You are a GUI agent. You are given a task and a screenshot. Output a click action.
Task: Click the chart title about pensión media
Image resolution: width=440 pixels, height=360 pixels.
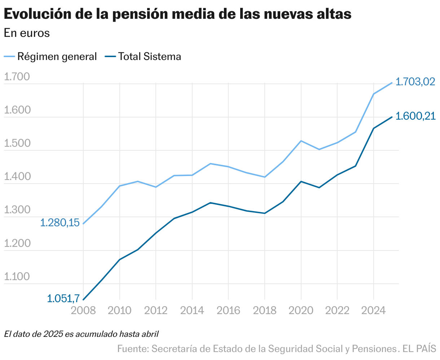point(177,14)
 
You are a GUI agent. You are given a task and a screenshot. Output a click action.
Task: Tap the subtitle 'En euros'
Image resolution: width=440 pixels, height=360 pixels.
point(27,33)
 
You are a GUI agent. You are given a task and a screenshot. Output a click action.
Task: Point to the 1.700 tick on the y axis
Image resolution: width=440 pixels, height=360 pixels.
point(16,77)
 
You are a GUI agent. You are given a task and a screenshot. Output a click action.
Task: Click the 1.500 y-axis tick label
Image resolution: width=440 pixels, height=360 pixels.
point(16,143)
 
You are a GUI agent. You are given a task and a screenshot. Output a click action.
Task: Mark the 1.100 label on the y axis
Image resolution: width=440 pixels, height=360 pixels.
point(16,277)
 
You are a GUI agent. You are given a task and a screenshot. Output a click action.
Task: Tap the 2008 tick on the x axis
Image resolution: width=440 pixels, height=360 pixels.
point(83,310)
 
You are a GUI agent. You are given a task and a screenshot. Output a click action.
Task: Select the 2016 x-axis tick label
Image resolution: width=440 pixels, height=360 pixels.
point(228,310)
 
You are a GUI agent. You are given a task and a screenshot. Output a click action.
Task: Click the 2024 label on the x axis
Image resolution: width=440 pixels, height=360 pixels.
point(373,310)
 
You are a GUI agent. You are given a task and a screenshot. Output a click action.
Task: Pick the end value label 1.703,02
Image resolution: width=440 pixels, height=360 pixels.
point(415,82)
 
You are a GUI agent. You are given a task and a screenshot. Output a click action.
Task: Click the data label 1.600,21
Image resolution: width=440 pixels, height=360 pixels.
point(415,116)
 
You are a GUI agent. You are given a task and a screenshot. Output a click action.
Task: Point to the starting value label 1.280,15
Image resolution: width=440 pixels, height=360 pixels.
point(60,223)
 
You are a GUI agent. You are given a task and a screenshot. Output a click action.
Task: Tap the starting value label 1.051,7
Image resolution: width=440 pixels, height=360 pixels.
point(63,299)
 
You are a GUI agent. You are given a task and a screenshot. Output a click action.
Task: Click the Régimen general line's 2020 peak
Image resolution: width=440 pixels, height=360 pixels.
point(301,141)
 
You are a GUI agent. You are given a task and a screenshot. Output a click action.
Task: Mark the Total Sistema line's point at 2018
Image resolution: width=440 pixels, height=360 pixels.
point(265,213)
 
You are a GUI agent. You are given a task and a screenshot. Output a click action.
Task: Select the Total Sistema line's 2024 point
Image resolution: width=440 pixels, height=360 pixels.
point(374,128)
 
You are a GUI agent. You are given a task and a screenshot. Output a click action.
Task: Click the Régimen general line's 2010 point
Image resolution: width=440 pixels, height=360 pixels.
point(119,186)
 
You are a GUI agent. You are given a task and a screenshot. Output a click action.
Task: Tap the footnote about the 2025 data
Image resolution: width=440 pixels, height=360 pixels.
point(82,334)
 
